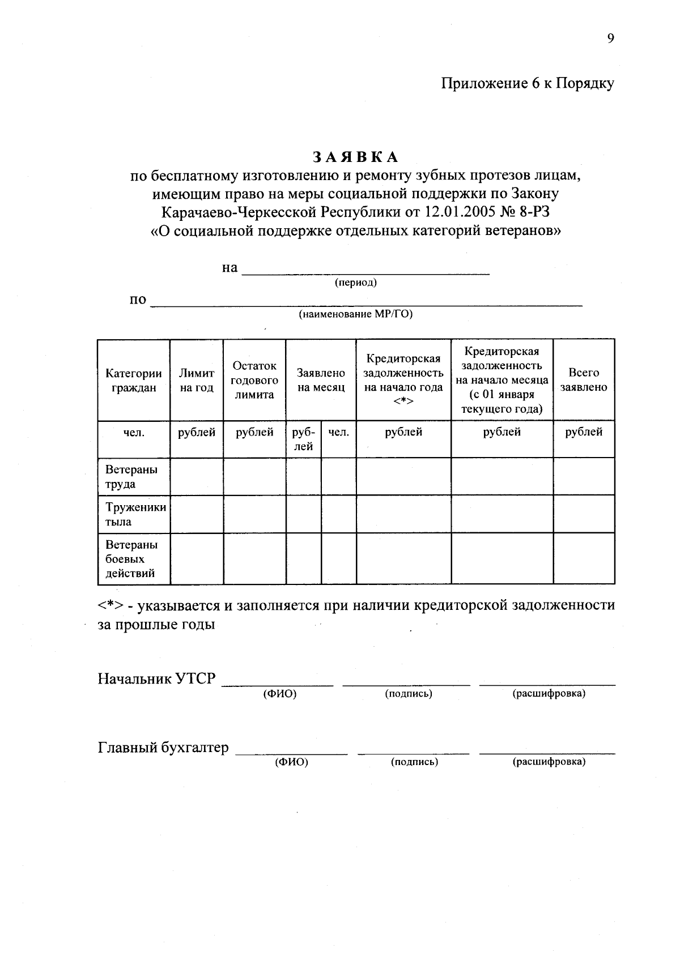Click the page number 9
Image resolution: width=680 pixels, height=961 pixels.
point(610,39)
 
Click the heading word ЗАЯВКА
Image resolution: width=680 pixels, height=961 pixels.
point(356,157)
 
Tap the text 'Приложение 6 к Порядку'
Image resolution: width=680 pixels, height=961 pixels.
point(528,84)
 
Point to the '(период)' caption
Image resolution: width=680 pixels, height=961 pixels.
point(356,283)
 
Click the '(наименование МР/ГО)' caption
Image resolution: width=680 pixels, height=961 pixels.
point(356,314)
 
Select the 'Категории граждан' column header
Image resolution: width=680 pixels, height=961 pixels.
point(134,381)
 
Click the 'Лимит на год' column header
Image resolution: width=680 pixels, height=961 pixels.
point(197,381)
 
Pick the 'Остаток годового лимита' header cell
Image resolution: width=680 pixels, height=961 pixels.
point(254,381)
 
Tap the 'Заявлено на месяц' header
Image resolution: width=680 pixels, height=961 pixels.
point(321,381)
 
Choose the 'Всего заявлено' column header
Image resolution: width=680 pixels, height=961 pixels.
point(584,381)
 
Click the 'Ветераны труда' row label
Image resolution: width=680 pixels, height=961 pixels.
point(131,477)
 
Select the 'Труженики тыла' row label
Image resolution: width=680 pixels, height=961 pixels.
point(135,514)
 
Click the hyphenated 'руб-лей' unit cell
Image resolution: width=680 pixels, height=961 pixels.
point(304,439)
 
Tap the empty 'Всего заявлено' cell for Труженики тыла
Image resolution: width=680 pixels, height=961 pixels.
point(584,514)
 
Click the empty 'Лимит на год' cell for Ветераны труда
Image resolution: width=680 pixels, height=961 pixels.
point(197,477)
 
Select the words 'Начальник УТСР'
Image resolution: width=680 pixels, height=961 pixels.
point(157,678)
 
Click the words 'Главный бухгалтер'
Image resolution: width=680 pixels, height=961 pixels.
point(164,748)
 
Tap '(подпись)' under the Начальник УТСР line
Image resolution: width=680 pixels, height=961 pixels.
point(409,694)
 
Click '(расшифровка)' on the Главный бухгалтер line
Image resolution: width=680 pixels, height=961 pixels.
point(549,762)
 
